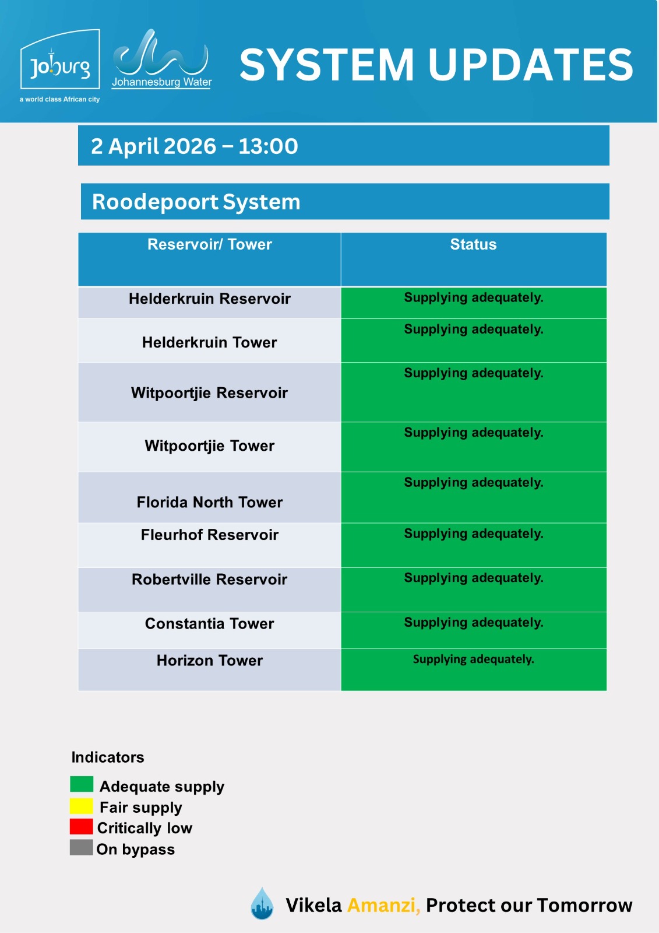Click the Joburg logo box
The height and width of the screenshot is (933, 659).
coord(60,60)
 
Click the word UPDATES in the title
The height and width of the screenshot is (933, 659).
coord(531,64)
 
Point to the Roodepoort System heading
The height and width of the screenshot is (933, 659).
coord(196,202)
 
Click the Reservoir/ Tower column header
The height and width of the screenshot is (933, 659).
coord(210,244)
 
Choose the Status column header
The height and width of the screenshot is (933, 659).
coord(473,244)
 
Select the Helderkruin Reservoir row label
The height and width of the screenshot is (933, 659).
coord(210,299)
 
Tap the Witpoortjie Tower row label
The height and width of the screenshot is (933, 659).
coord(210,446)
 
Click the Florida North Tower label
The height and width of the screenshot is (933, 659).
coord(210,502)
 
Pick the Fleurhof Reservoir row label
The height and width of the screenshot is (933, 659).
coord(210,535)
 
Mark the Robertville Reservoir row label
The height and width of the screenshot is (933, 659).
coord(210,579)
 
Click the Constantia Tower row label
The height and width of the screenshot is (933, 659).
coord(210,623)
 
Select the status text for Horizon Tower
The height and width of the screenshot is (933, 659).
coord(473,659)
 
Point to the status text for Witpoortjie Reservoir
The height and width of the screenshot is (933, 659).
coord(473,373)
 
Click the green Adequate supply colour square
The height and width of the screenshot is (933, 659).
coord(82,784)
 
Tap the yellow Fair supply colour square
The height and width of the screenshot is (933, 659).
coord(82,806)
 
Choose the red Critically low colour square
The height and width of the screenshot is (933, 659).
coord(82,826)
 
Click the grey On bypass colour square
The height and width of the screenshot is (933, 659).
coord(82,847)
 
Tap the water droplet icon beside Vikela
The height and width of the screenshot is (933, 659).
coord(262,904)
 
